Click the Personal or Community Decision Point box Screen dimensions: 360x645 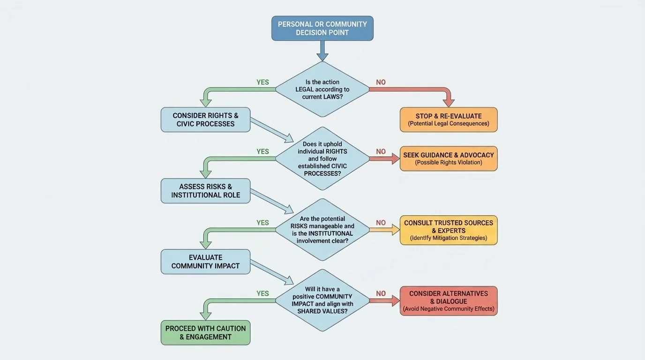tap(322, 28)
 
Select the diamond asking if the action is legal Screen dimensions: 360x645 tap(322, 89)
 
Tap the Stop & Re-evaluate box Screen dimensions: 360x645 tap(449, 120)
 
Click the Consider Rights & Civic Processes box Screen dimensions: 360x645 tap(205, 120)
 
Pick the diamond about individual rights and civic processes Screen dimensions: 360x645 tap(322, 158)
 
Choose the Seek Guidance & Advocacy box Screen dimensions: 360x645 tap(449, 158)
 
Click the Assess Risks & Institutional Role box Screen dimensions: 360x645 tap(205, 191)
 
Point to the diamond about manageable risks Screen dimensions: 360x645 tap(322, 230)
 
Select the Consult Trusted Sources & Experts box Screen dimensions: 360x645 tap(449, 230)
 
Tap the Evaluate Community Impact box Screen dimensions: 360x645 tap(205, 262)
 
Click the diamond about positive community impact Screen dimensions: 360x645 tap(322, 300)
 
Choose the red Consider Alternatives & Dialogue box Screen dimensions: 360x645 tap(449, 301)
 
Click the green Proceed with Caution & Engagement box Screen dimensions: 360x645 tap(205, 333)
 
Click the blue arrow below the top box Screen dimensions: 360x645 tap(322, 51)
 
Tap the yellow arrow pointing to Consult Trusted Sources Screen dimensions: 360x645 tap(384, 230)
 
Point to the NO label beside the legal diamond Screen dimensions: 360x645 tap(381, 82)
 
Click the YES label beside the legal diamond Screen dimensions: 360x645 tap(262, 82)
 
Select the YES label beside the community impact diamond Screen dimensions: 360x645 tap(262, 293)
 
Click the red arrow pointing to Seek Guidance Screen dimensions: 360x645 tap(384, 158)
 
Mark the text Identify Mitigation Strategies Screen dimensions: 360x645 tap(449, 238)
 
